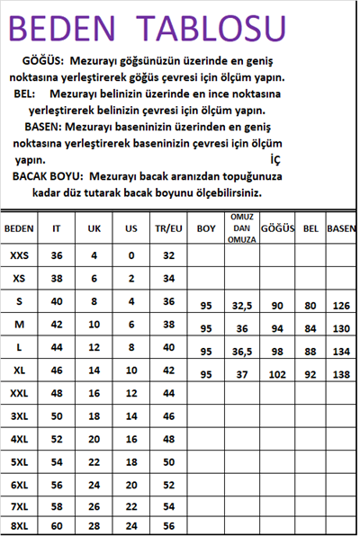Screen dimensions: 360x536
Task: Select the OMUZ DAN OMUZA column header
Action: coord(240,228)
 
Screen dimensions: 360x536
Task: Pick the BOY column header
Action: coord(205,228)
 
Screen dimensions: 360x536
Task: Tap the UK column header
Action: coord(94,228)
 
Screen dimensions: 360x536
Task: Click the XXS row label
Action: coord(19,255)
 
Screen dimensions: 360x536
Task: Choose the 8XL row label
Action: coord(19,525)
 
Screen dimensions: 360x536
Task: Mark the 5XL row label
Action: coord(19,461)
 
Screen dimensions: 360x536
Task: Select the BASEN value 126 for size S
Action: coord(341,306)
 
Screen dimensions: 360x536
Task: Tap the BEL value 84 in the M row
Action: coord(310,328)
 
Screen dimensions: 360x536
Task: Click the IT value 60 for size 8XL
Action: coord(57,525)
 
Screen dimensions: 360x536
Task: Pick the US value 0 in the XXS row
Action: coord(131,255)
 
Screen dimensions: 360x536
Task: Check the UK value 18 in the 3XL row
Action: coord(94,415)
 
